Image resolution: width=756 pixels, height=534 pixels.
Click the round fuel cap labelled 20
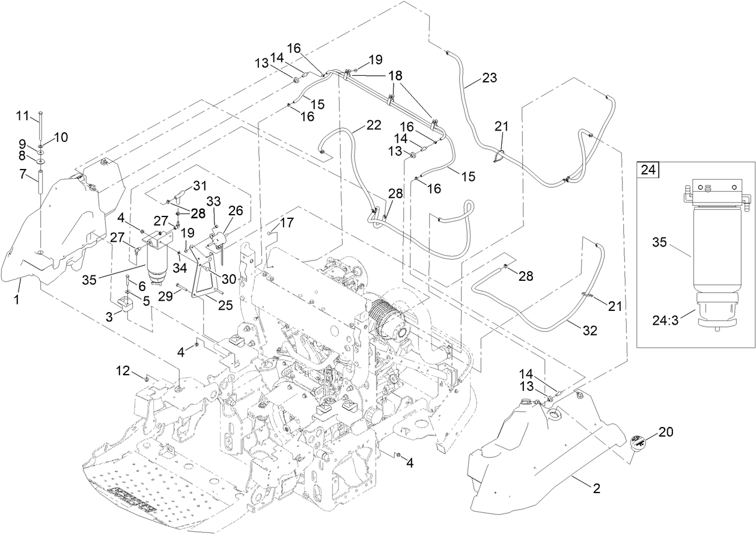tap(639, 444)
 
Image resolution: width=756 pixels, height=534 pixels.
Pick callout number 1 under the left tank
tap(17, 298)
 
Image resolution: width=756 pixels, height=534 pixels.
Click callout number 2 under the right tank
tap(596, 489)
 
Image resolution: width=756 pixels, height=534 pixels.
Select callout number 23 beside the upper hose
tap(489, 78)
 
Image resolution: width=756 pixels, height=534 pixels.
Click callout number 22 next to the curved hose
tap(373, 126)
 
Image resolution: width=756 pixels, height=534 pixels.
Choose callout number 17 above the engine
tap(287, 222)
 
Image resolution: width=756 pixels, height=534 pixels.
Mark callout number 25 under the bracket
tap(225, 305)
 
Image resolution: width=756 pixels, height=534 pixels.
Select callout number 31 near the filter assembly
tap(199, 185)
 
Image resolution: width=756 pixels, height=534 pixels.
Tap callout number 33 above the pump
tap(214, 200)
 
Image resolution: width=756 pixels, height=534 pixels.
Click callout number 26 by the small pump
tap(236, 211)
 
